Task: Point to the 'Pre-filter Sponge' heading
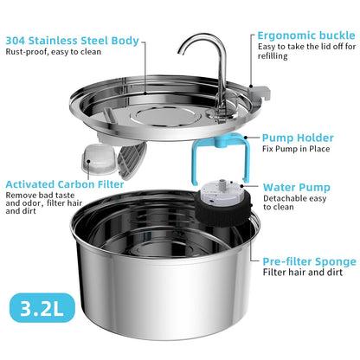coord(309,260)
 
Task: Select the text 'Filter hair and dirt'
coord(304,273)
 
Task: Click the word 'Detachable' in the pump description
coord(283,199)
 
